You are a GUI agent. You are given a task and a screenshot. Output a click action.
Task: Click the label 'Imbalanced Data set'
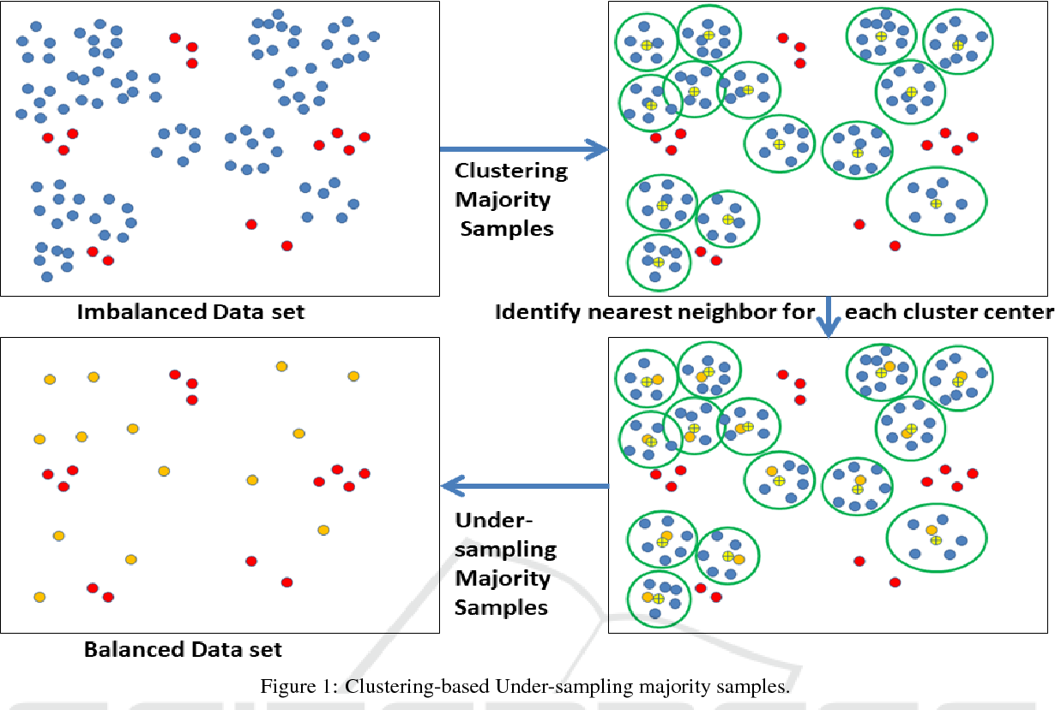pyautogui.click(x=190, y=311)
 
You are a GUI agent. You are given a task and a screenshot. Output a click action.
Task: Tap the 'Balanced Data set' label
pyautogui.click(x=183, y=649)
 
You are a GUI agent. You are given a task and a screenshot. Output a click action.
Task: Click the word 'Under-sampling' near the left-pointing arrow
pyautogui.click(x=505, y=535)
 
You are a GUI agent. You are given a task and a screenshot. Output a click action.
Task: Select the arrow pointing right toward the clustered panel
pyautogui.click(x=523, y=151)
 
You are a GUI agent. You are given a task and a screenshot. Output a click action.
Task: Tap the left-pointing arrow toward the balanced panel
pyautogui.click(x=523, y=487)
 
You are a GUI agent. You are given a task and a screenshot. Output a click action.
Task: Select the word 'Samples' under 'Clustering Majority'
pyautogui.click(x=507, y=229)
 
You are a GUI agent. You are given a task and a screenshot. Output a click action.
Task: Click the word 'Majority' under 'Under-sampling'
pyautogui.click(x=502, y=578)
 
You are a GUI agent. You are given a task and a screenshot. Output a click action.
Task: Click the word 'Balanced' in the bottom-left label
pyautogui.click(x=129, y=649)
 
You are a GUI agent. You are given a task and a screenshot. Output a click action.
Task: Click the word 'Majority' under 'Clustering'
pyautogui.click(x=503, y=200)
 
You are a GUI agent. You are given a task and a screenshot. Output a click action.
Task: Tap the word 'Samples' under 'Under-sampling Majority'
pyautogui.click(x=501, y=607)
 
